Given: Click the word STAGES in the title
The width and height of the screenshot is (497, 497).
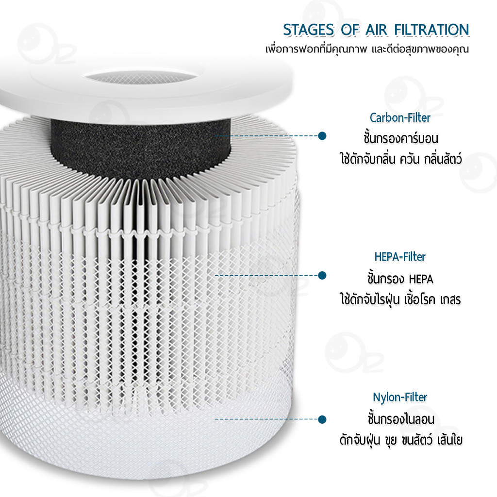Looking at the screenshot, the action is pyautogui.click(x=309, y=30).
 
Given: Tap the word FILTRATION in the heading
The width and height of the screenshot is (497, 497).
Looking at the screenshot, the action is pyautogui.click(x=431, y=30).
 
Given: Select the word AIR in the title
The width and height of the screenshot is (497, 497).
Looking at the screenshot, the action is pyautogui.click(x=377, y=30).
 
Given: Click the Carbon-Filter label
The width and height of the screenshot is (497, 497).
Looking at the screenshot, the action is pyautogui.click(x=400, y=117).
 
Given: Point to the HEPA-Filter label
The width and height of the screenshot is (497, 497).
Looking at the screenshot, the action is pyautogui.click(x=400, y=257).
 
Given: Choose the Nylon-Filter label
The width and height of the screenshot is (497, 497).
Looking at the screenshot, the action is pyautogui.click(x=400, y=397).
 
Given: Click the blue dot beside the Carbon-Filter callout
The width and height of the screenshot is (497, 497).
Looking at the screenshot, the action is pyautogui.click(x=322, y=136).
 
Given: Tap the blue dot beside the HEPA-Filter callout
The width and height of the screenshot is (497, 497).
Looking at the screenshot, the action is pyautogui.click(x=322, y=275).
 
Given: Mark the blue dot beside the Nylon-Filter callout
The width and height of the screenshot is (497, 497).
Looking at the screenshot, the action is pyautogui.click(x=322, y=419).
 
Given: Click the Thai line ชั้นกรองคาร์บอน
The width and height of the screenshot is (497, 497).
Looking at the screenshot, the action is pyautogui.click(x=400, y=138).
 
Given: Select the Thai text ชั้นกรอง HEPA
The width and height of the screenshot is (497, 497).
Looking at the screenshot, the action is pyautogui.click(x=400, y=279).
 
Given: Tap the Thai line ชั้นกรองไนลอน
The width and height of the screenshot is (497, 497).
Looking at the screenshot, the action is pyautogui.click(x=401, y=419).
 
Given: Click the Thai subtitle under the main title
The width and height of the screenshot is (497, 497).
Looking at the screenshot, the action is pyautogui.click(x=367, y=50).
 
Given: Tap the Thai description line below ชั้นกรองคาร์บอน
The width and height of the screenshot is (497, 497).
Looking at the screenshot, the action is pyautogui.click(x=400, y=159).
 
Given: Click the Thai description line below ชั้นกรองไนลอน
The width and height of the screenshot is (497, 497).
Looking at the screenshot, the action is pyautogui.click(x=401, y=440).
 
